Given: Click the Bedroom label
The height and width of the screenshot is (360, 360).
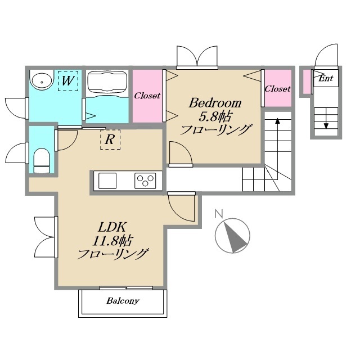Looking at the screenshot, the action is point(215,103).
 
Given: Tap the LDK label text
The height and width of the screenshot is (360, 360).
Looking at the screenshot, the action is point(112,227).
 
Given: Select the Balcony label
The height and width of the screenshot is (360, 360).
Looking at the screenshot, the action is point(123,301).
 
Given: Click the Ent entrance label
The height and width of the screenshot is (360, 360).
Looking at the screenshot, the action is point(326,78).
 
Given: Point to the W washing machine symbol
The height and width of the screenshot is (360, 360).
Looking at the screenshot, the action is point(68,81).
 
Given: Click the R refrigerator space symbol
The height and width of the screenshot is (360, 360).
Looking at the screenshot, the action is point(110,139).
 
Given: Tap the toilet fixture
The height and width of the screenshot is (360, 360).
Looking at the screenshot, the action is point(42,160).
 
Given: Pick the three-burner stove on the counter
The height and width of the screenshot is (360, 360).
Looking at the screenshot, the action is point(145,181).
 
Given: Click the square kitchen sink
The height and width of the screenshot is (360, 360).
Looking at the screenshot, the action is point(107,181).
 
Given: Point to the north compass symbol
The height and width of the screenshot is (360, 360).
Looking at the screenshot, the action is point(232,235).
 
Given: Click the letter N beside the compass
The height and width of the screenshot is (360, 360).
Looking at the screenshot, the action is point(219,213).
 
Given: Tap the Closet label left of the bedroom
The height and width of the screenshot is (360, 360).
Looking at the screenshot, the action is point(147,96).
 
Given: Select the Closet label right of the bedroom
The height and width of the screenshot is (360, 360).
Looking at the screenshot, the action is point(277,89).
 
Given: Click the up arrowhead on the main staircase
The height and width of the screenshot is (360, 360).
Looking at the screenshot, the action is point(277,121).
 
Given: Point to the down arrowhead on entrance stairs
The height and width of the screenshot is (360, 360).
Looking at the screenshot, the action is point(326,126).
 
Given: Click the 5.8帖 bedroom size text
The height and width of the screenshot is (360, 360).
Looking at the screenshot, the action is point(215,116).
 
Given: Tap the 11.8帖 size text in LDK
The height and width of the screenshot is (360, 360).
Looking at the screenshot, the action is point(112,241).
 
